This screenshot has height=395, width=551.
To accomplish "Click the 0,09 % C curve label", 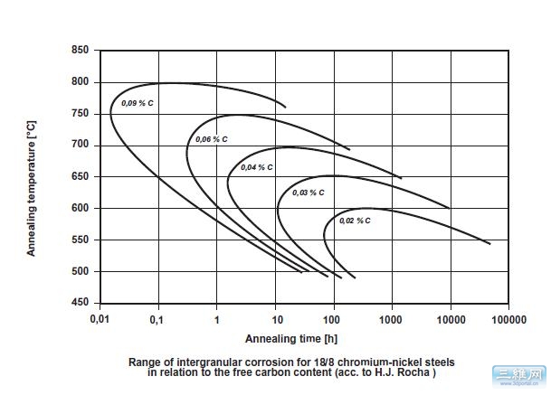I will (138, 104).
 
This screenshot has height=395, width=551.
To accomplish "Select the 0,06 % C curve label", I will (211, 139).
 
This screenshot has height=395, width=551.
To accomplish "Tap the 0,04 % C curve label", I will (257, 167).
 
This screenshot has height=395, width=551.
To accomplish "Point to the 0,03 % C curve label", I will (308, 193).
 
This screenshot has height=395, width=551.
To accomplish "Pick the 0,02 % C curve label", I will (354, 220).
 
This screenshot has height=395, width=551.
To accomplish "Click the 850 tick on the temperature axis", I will (81, 51).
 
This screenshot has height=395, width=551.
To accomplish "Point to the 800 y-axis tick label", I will (81, 82).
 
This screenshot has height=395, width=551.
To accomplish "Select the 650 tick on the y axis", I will (81, 176).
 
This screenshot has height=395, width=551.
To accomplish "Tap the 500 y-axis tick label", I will (81, 271).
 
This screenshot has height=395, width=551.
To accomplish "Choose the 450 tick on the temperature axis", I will (81, 303).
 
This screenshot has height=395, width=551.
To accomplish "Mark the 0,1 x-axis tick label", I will (158, 319).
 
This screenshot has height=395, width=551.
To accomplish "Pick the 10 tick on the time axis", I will (275, 319).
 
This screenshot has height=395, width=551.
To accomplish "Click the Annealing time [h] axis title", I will (286, 338).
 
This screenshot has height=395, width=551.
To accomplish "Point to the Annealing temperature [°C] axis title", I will (31, 177).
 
